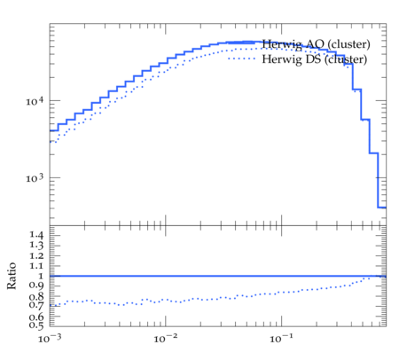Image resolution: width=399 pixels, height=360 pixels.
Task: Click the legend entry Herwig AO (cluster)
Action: coord(316,44)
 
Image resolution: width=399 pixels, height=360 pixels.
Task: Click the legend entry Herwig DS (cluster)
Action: coord(315,59)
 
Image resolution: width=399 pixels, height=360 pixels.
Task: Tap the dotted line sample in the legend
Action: coord(241,59)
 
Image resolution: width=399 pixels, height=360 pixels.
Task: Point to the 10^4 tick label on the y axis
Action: coord(35,101)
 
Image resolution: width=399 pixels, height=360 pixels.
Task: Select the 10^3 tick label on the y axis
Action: coord(35,178)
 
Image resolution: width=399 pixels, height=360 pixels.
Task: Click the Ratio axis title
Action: coord(12,276)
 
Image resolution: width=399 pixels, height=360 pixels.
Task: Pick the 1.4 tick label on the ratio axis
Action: coord(36,235)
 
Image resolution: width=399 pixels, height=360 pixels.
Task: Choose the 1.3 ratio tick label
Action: coord(36,246)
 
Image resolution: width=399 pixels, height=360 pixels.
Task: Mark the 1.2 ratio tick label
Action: coord(36,255)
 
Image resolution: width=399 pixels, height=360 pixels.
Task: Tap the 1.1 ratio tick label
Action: coord(36,266)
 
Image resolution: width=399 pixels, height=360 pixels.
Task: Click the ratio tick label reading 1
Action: coord(41,276)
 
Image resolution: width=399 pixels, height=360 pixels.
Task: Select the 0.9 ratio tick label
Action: coord(36,286)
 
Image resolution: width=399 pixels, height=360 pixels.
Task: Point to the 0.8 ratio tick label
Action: coord(36,296)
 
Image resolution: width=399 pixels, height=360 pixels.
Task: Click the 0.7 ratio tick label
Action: coord(36,305)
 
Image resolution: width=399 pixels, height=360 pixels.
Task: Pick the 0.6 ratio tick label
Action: coord(36,317)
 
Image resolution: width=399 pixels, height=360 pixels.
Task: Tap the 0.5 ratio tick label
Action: coord(36,325)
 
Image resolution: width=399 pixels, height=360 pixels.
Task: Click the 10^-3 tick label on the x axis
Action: coord(50,339)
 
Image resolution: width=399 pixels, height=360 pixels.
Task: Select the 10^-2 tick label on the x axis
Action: coord(166,339)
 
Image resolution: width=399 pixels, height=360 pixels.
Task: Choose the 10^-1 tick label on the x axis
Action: coord(281,339)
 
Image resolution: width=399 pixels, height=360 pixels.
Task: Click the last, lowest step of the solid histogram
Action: coord(382,207)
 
